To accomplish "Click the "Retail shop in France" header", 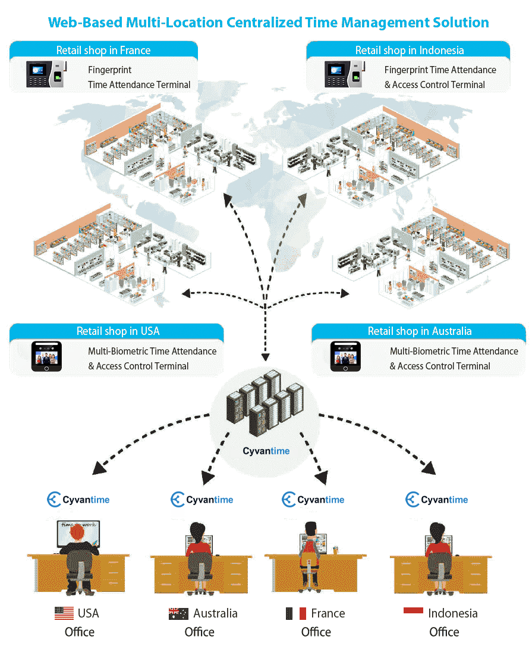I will (x=103, y=50).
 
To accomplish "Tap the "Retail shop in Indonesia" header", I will (x=409, y=50).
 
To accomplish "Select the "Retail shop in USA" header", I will (x=118, y=331).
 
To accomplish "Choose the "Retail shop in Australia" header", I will (x=419, y=331).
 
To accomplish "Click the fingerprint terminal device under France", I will (x=45, y=74).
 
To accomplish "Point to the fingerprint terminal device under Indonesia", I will (x=343, y=74).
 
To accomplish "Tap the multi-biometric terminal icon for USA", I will (x=46, y=356).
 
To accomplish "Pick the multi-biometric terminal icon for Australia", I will (x=345, y=356).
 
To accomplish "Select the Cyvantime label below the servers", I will (x=266, y=451).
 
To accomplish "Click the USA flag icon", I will (x=64, y=613).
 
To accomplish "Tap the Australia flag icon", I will (x=178, y=613).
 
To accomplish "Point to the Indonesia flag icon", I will (x=413, y=610).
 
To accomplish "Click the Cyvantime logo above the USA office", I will (x=78, y=500).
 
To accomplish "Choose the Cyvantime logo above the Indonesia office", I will (x=436, y=500).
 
